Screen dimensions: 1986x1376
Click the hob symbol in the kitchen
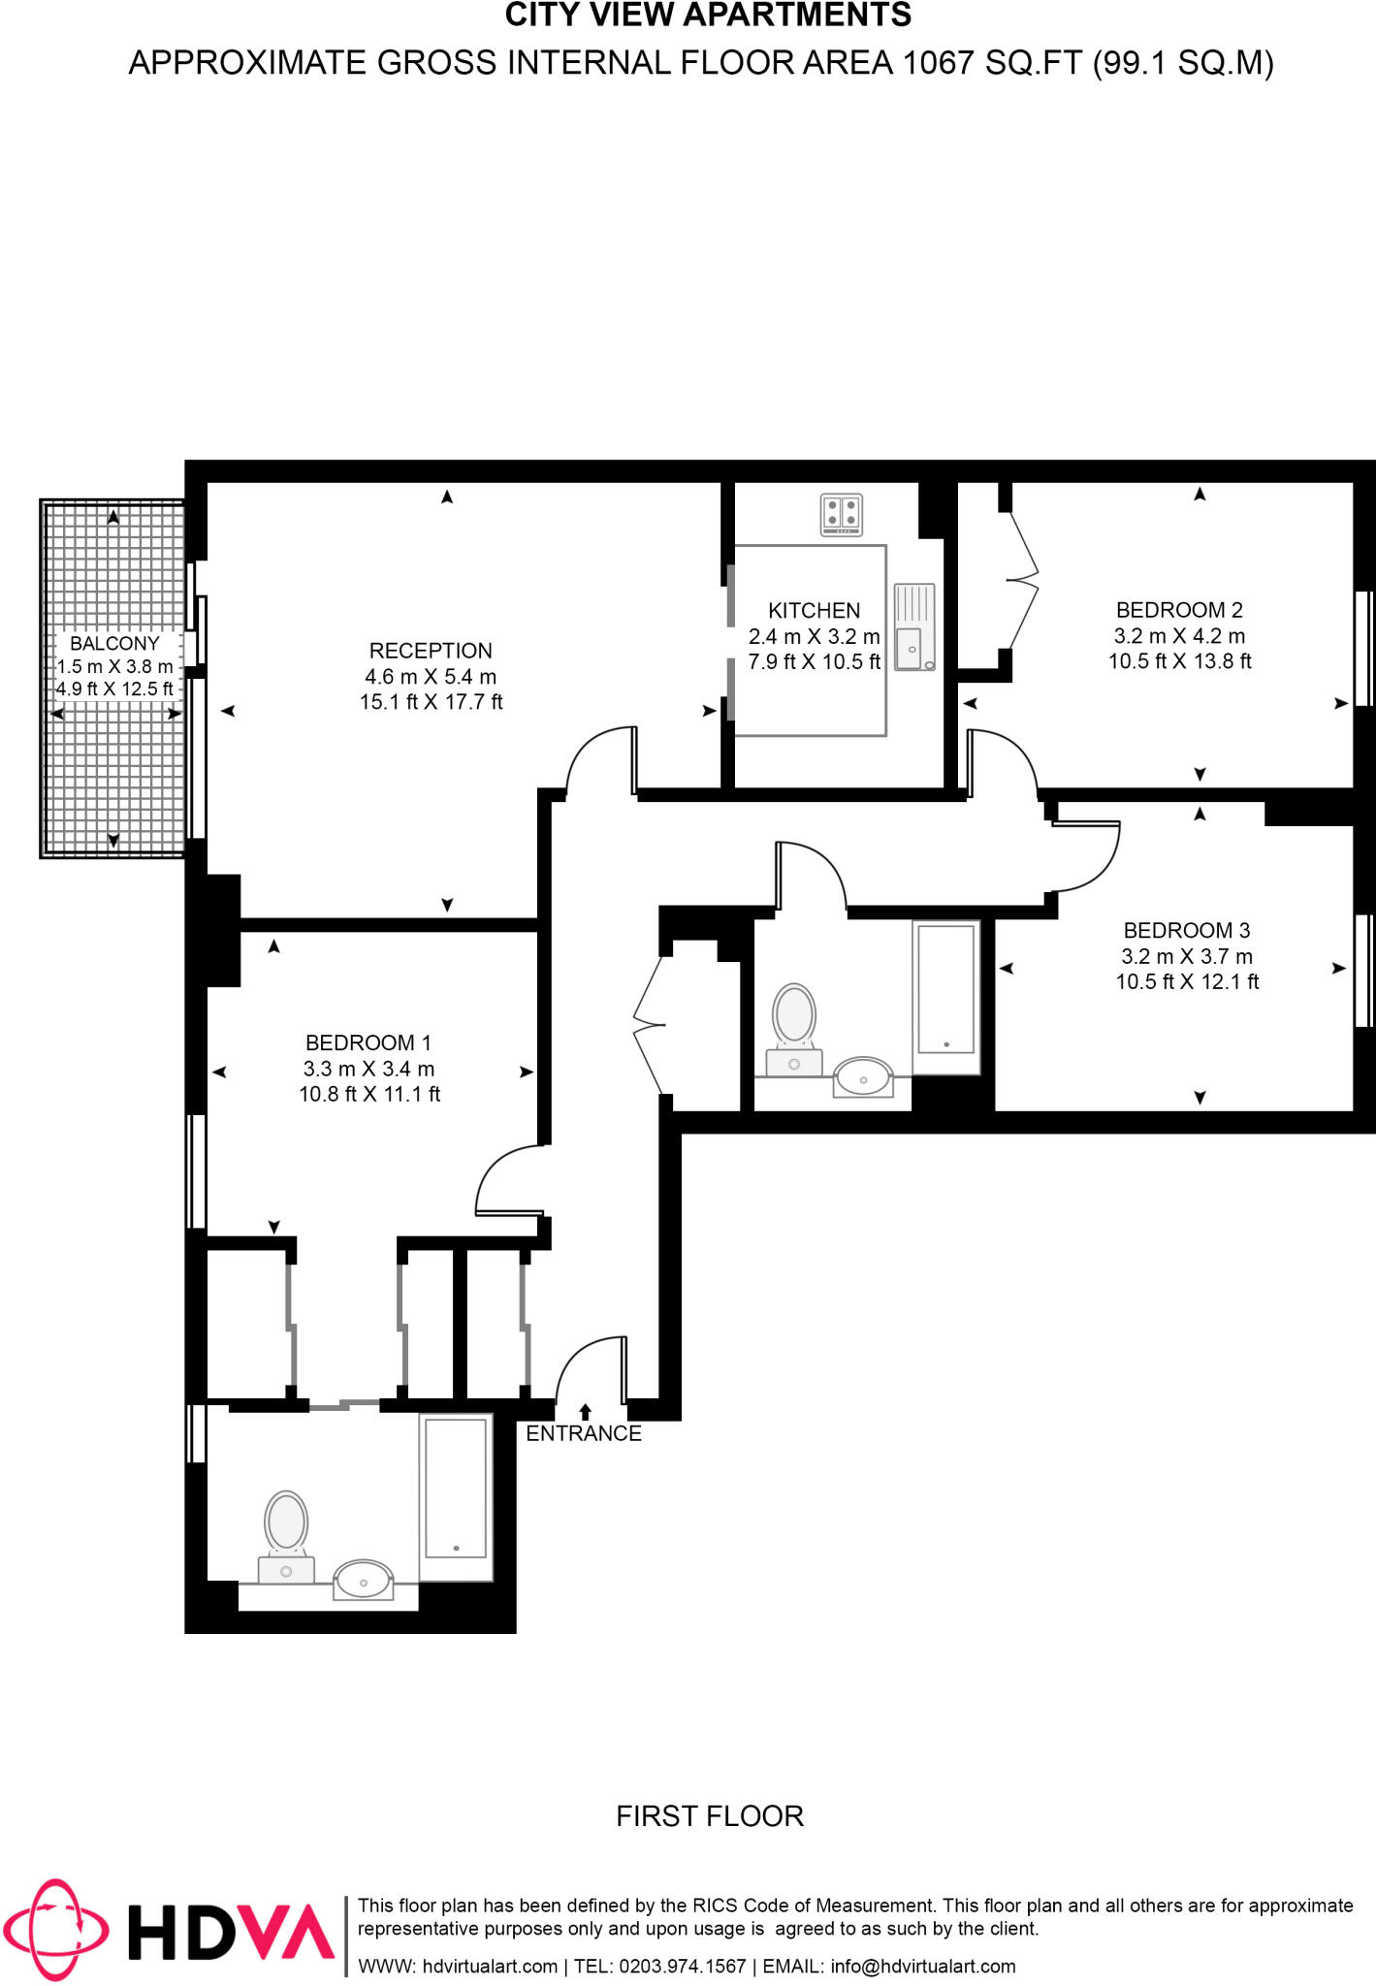point(841,515)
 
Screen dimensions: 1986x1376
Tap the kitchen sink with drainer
point(913,627)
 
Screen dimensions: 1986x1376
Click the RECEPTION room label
point(431,651)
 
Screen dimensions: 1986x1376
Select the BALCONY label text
point(114,643)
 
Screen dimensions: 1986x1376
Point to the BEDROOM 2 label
point(1179,610)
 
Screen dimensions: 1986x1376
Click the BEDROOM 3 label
point(1186,930)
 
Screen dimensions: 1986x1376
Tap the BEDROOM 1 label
point(368,1042)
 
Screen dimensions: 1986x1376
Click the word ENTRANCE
point(584,1433)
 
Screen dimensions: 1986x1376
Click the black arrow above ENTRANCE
point(585,1412)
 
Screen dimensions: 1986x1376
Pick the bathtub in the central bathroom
point(945,996)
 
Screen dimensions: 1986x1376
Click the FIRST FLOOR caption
point(710,1815)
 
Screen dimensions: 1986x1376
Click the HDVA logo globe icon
point(55,1930)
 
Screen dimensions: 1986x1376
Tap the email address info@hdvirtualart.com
point(922,1967)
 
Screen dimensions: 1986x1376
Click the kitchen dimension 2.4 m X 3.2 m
point(814,637)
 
